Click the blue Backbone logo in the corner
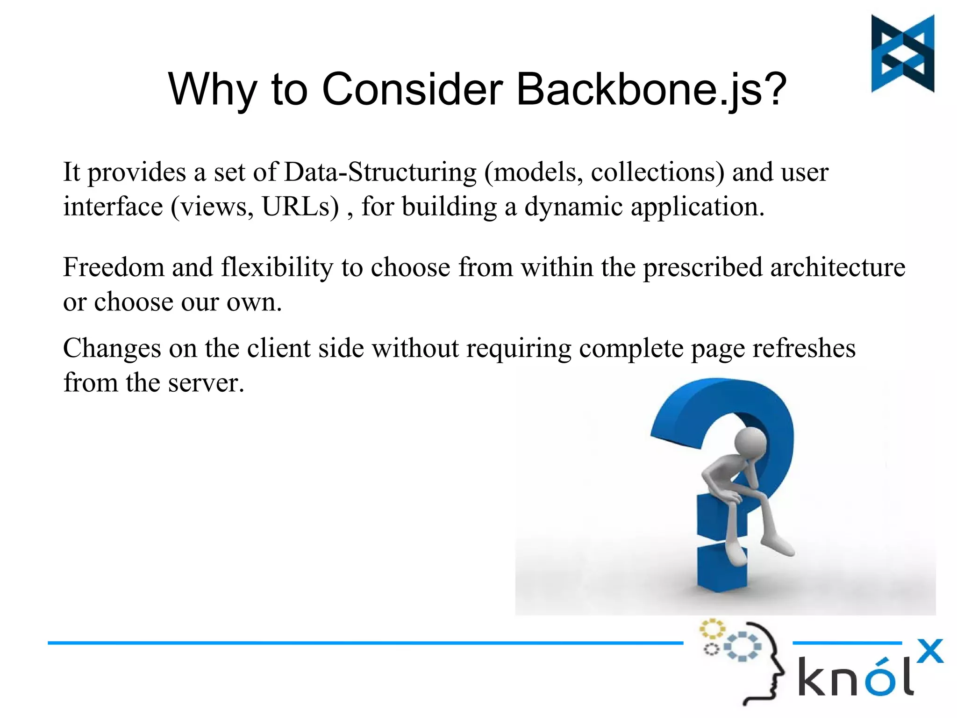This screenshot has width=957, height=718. (902, 53)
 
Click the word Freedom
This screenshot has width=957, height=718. (114, 267)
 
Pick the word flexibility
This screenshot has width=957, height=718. (277, 267)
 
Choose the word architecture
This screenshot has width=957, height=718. (837, 267)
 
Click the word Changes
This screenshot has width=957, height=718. (112, 348)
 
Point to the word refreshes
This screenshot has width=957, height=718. (804, 348)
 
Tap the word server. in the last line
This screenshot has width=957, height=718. (206, 382)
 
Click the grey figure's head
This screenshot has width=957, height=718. (750, 442)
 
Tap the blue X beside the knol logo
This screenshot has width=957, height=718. (929, 651)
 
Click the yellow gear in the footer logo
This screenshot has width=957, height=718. (712, 629)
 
